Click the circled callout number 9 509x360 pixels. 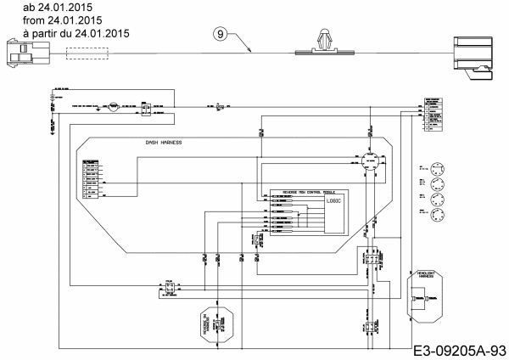pyautogui.click(x=221, y=34)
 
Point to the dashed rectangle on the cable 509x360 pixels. pyautogui.click(x=87, y=53)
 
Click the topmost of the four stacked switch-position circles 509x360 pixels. pyautogui.click(x=438, y=166)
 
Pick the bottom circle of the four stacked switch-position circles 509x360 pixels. pyautogui.click(x=438, y=217)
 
